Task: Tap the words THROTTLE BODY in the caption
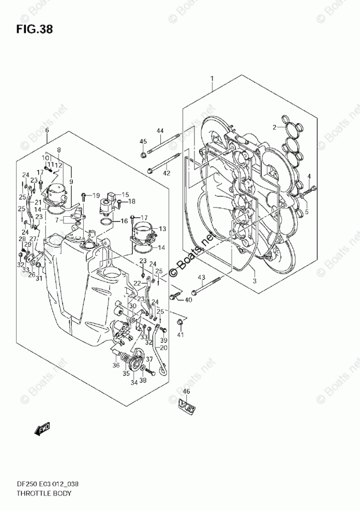[x=39, y=493]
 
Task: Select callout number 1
[x=212, y=78]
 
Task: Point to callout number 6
[x=47, y=131]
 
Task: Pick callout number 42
[x=167, y=173]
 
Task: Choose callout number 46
[x=186, y=392]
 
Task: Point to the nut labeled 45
[x=143, y=154]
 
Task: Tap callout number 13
[x=162, y=229]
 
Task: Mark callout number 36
[x=116, y=365]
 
